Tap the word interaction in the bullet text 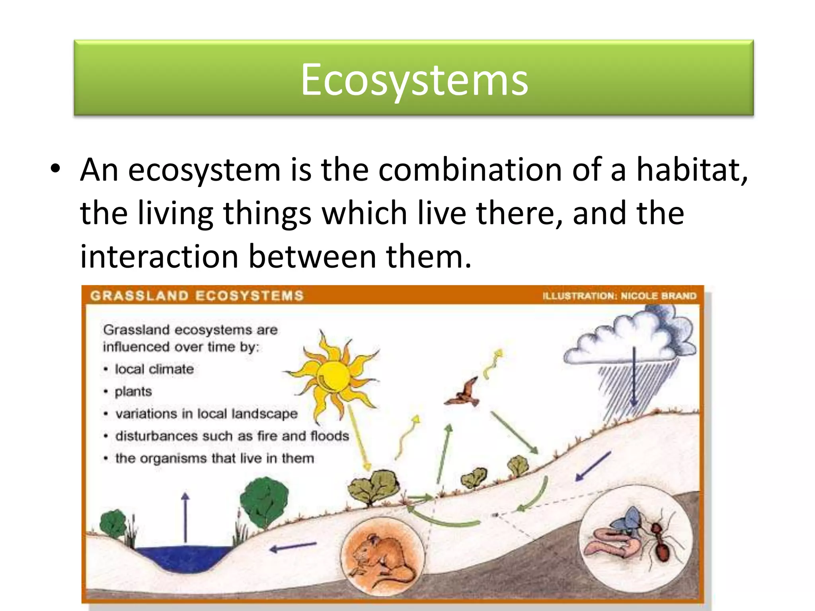tap(158, 257)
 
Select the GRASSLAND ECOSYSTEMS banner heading tap(197, 296)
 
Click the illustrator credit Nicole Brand tap(658, 296)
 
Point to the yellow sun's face tap(333, 376)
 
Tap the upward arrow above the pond tap(185, 517)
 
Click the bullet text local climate tap(154, 369)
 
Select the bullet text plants tap(133, 391)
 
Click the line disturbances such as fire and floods tap(232, 436)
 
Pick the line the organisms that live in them tap(214, 458)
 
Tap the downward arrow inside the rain tap(634, 378)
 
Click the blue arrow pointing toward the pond tap(294, 547)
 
